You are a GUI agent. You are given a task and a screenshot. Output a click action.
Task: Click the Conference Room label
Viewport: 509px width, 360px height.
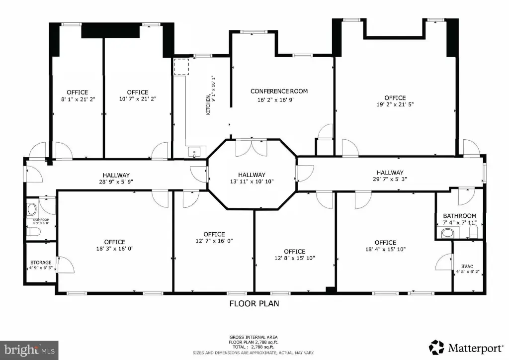[x=279, y=91]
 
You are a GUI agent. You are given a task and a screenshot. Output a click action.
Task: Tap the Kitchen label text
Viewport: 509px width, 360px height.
[x=208, y=105]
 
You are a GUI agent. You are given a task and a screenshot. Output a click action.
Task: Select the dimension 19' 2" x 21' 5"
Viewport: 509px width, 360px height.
[x=395, y=104]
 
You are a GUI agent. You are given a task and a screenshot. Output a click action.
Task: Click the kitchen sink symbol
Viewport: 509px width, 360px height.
[x=194, y=152]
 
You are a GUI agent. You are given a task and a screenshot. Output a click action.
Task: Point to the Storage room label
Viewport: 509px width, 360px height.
[x=41, y=262]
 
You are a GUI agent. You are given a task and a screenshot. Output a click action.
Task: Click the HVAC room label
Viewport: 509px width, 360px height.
[x=467, y=266]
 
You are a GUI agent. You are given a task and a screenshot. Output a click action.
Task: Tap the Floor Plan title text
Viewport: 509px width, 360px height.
[x=254, y=303]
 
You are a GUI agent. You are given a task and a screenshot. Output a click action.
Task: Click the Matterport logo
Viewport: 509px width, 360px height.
[x=466, y=348]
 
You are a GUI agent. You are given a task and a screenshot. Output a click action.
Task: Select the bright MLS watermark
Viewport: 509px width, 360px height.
[x=29, y=350]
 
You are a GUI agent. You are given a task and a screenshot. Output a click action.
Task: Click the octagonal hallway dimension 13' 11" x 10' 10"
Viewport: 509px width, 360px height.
[x=252, y=181]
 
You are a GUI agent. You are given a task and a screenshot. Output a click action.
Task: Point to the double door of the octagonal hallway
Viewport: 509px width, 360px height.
[x=251, y=148]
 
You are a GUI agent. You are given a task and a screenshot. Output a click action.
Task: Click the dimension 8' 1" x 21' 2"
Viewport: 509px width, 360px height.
[x=78, y=99]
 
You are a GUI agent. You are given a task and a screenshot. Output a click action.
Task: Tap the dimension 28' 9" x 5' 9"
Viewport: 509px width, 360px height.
[x=116, y=182]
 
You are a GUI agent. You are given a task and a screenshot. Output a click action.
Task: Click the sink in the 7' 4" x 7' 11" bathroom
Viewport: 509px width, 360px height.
[x=448, y=233]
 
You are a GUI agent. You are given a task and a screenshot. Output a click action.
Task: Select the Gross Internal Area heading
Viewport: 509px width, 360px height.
[x=254, y=337]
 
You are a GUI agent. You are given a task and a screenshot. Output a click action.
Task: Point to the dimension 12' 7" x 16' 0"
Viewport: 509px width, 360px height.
[x=214, y=241]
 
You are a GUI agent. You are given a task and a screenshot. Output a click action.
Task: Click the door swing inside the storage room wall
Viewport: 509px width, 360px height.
[x=66, y=264]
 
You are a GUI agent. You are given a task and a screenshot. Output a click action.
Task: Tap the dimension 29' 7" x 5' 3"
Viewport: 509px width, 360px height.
[x=390, y=179]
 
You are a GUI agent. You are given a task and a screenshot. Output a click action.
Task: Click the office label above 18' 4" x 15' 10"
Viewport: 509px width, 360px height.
[x=385, y=243]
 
